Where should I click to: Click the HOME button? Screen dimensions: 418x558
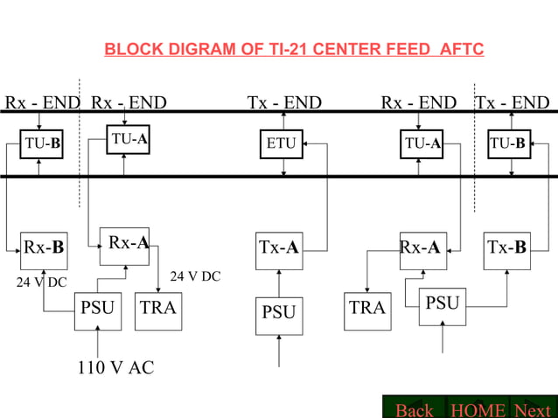click(478, 409)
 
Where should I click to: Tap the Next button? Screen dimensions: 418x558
click(533, 409)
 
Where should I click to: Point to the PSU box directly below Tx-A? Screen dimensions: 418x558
click(279, 312)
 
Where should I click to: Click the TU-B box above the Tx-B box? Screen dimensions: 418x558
click(507, 143)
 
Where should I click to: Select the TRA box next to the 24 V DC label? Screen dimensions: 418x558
click(158, 309)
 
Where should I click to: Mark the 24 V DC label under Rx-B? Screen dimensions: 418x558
click(41, 282)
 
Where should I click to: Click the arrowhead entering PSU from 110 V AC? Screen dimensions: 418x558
click(98, 332)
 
